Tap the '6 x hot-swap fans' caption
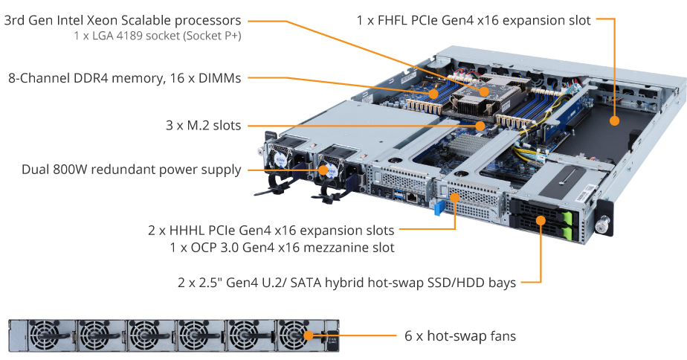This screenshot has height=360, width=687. coord(460,336)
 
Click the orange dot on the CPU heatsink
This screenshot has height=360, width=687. coord(484,91)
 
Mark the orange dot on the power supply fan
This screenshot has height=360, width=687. coord(323,170)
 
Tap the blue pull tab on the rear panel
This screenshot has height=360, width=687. coord(439,207)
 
